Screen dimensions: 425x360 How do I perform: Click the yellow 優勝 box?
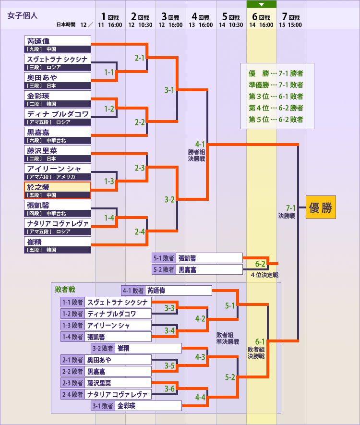(321, 207)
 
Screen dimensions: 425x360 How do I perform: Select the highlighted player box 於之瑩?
(58, 190)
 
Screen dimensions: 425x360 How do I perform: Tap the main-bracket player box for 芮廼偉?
(58, 44)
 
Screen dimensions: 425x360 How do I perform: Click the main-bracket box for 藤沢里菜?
(58, 154)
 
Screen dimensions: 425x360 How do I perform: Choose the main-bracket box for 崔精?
(58, 245)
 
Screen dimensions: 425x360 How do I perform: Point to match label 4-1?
(200, 144)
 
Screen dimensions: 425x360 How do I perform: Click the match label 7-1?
(290, 208)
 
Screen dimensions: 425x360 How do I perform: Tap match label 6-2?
(260, 264)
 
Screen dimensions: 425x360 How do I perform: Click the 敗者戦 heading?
(65, 290)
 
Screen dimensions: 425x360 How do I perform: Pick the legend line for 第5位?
(276, 119)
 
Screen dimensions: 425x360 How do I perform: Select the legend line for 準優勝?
(276, 85)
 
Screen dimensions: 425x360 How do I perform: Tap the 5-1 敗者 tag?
(164, 258)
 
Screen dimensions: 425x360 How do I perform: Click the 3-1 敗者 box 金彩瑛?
(149, 406)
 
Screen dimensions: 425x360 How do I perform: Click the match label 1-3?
(109, 182)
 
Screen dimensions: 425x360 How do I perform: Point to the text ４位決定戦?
(264, 275)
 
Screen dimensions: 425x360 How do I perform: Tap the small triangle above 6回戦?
(262, 4)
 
